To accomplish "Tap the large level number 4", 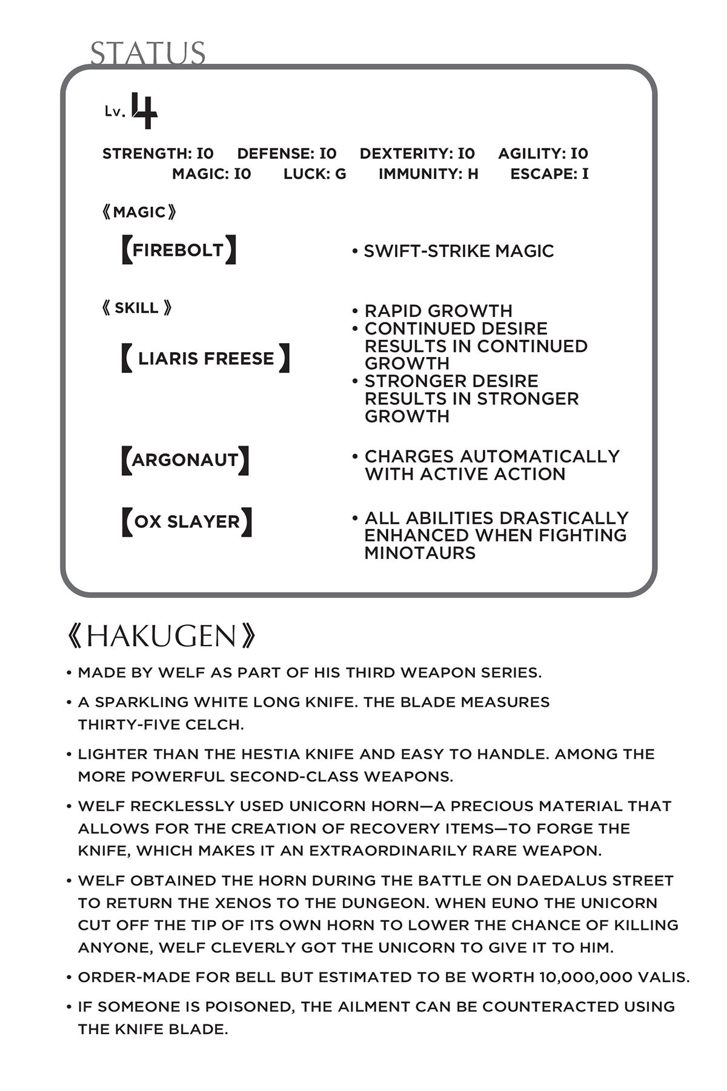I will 145,111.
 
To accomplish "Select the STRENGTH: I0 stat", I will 158,154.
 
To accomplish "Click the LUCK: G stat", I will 314,175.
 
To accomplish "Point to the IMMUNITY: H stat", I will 428,175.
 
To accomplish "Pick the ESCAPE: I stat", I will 549,175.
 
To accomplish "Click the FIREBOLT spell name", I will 178,250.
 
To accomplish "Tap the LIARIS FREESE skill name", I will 205,358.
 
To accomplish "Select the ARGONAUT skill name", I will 185,460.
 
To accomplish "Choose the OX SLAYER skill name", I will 187,522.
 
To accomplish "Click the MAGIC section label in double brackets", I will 139,212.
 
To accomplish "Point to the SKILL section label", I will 136,308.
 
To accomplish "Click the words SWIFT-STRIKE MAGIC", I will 459,252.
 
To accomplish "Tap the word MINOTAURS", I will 420,553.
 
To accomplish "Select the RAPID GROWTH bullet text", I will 438,311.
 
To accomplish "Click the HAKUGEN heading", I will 161,636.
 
